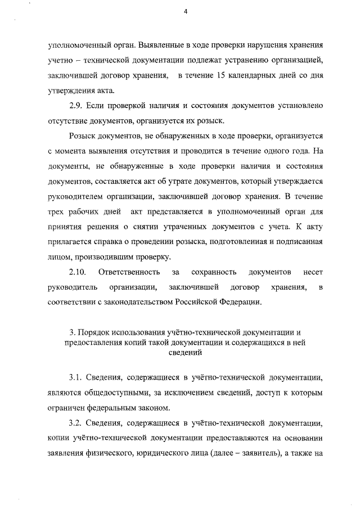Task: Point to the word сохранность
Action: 214,273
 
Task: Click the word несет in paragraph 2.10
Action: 313,273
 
